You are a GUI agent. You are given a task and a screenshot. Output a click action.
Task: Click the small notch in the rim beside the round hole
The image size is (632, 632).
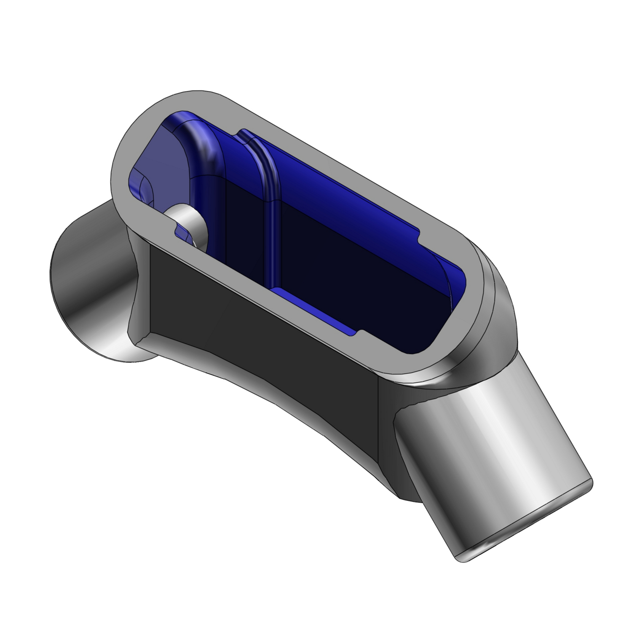[179, 230]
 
